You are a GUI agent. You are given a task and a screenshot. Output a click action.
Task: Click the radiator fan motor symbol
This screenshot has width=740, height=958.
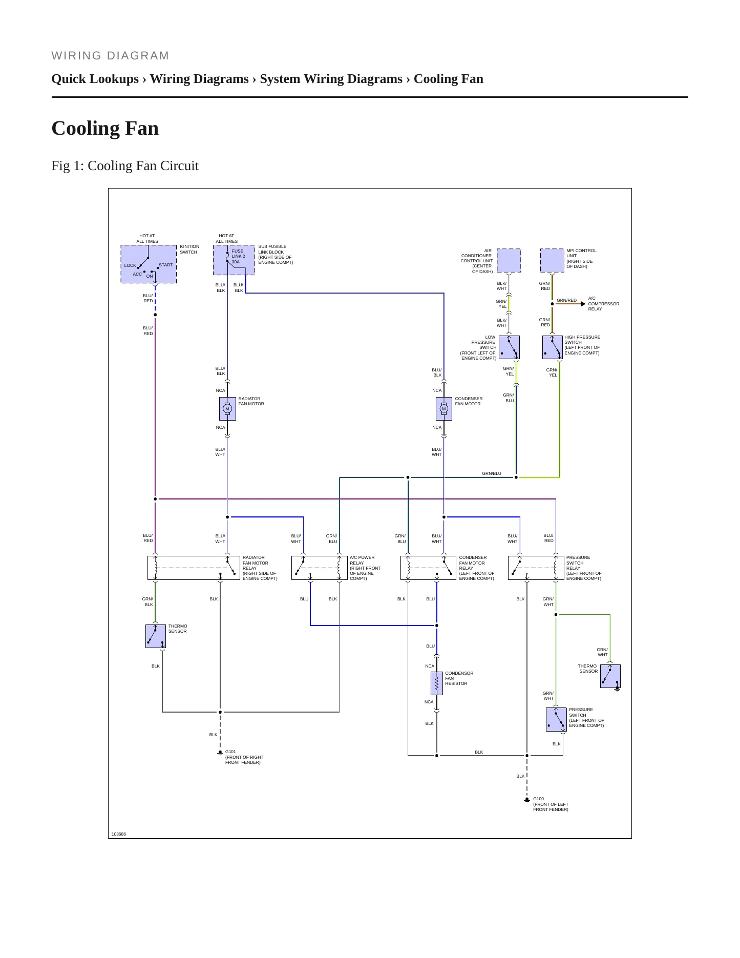[227, 409]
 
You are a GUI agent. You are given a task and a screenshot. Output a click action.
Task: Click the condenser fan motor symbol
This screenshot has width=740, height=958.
[444, 409]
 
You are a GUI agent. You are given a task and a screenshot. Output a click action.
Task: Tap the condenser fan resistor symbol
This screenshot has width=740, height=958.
[437, 683]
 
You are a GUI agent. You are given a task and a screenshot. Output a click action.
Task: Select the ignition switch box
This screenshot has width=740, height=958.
[149, 264]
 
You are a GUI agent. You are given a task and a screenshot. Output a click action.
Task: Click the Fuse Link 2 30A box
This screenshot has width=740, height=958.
[234, 260]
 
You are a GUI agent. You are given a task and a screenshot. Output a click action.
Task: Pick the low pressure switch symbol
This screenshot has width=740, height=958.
[509, 347]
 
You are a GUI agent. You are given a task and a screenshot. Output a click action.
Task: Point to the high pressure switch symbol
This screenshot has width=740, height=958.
[553, 347]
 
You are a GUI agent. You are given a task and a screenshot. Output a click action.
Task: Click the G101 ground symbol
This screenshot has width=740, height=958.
[220, 753]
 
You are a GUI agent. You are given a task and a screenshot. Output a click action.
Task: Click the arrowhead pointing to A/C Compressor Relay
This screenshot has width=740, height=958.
[583, 304]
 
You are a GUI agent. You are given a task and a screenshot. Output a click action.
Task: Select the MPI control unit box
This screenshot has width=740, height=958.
[552, 260]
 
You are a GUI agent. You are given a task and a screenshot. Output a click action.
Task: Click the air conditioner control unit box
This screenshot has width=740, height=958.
[509, 260]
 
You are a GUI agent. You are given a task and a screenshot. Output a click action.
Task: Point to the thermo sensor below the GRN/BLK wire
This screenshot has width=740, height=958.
[156, 636]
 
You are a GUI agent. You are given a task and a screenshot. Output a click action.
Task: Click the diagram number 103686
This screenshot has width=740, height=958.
[119, 834]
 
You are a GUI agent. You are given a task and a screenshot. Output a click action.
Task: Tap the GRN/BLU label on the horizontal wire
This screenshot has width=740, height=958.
[492, 473]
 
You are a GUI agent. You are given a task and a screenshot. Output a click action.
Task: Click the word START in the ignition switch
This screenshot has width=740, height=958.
[165, 265]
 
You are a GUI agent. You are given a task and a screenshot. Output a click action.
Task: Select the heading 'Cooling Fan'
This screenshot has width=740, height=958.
[105, 128]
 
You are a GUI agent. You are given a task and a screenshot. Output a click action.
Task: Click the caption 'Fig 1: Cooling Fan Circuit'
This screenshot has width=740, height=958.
[125, 165]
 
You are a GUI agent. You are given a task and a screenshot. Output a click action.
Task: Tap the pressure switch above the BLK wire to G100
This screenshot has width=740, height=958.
[556, 719]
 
